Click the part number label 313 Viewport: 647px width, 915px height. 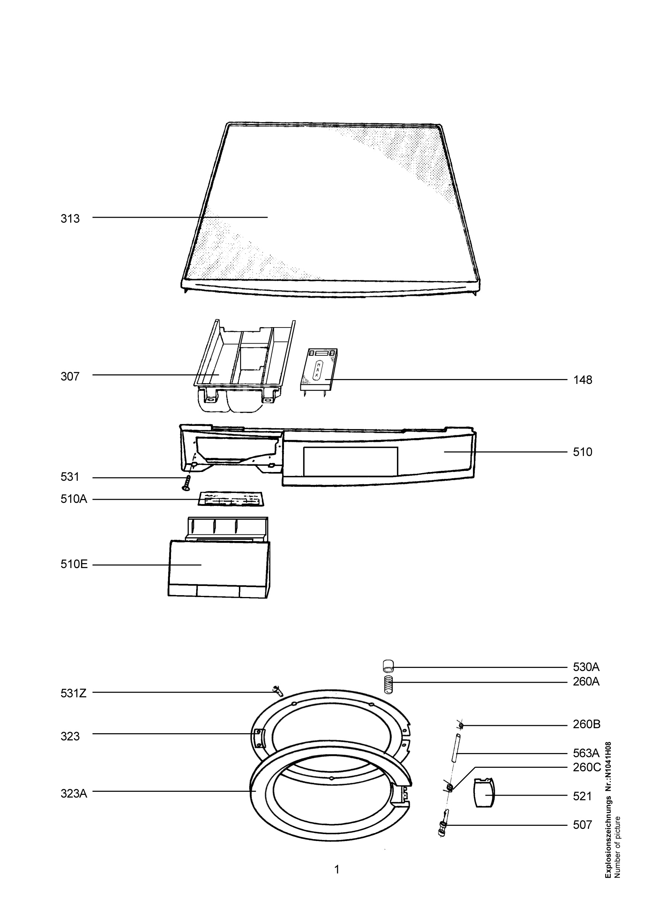tap(70, 219)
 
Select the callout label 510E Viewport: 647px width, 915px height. tap(74, 565)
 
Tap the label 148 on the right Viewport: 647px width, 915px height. tap(583, 380)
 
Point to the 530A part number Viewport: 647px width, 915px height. tap(586, 667)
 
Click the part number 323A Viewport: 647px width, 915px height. tap(74, 794)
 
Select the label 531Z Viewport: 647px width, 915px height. tap(73, 694)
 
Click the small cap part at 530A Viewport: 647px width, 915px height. tap(388, 666)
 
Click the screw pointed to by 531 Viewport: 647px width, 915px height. tap(186, 483)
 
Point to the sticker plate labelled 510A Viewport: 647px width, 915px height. tap(231, 499)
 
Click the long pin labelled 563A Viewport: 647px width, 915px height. tap(455, 748)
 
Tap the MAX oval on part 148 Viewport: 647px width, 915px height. tap(318, 372)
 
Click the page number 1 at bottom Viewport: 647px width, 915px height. tap(337, 870)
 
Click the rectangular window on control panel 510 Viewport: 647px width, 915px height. tap(351, 461)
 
